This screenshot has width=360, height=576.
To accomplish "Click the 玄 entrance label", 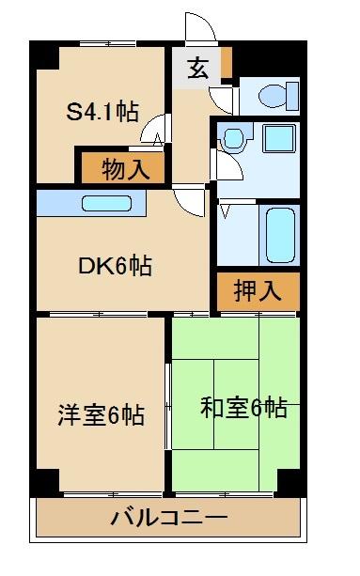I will [x=196, y=69].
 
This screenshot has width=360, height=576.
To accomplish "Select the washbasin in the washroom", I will [x=231, y=139].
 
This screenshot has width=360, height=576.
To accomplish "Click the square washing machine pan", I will [x=278, y=139].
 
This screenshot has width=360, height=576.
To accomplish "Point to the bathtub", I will [x=279, y=233].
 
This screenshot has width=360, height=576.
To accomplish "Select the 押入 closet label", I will [x=258, y=290].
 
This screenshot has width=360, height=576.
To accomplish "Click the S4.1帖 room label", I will [x=102, y=112].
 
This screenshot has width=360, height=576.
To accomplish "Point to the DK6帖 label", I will [x=114, y=266].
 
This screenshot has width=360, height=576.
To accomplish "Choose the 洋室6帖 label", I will [x=101, y=413].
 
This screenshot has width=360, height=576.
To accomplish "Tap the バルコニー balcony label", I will [x=168, y=517].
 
